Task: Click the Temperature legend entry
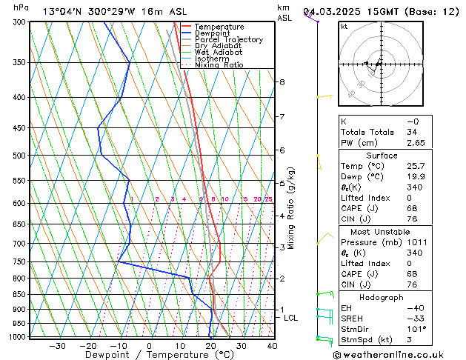(219, 27)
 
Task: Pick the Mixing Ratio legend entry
(219, 65)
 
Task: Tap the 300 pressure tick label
(20, 22)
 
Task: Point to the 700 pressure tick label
(20, 244)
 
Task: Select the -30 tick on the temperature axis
(57, 346)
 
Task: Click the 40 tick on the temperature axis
(273, 346)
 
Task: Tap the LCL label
(291, 318)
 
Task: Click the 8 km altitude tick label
(282, 81)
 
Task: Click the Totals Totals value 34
(412, 132)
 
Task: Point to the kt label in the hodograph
(344, 27)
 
